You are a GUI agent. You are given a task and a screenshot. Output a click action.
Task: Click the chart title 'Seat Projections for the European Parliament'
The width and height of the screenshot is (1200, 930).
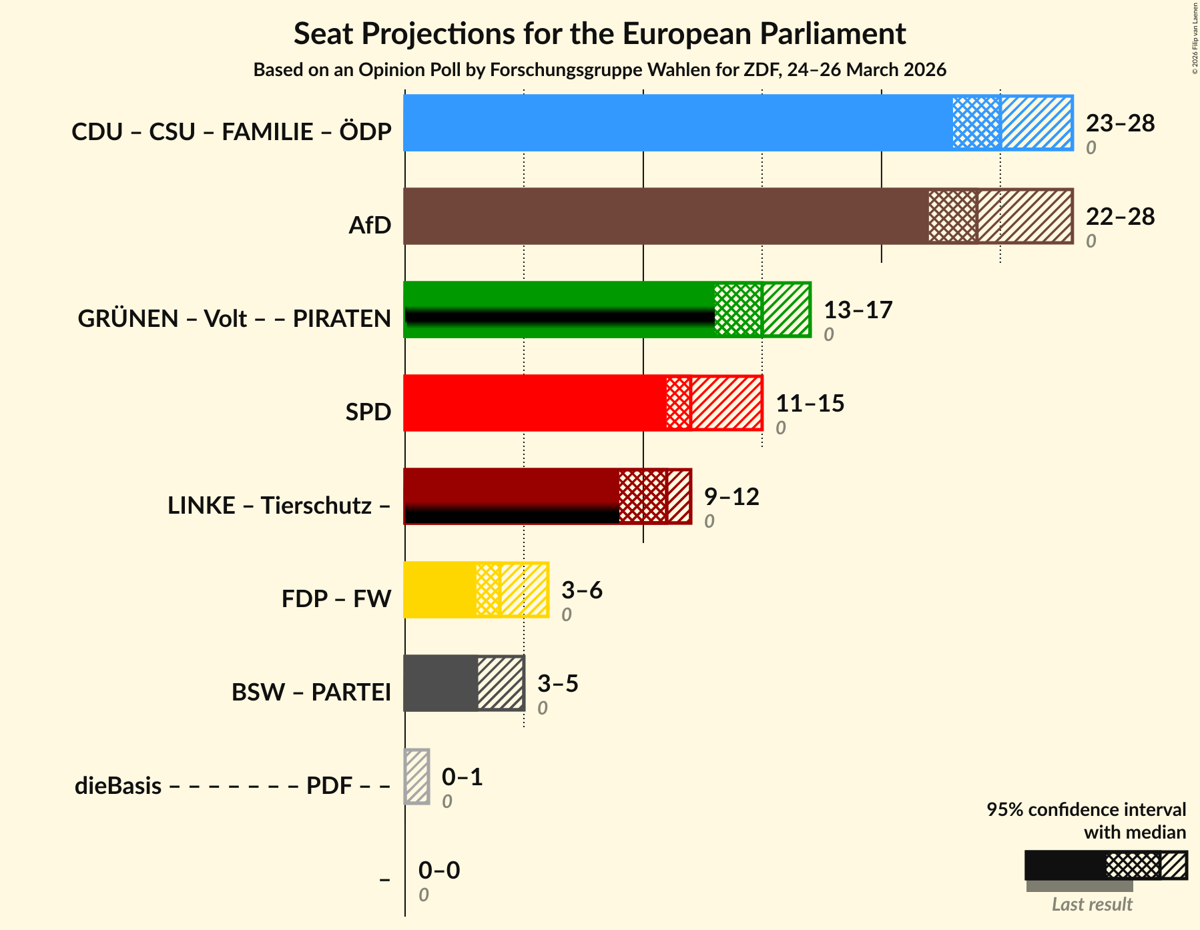599,33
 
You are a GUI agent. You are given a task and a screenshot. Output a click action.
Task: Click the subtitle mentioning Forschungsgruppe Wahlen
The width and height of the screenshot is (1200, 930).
599,70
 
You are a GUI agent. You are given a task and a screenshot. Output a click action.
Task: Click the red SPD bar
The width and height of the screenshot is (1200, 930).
535,403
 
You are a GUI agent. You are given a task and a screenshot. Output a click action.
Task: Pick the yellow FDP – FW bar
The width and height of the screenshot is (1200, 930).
440,590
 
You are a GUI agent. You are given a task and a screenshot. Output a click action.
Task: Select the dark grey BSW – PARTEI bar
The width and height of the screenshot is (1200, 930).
440,683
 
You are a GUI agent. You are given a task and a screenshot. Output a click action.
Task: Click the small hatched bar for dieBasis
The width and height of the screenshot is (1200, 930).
417,777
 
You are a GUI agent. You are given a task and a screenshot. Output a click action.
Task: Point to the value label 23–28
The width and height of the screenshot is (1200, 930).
1120,123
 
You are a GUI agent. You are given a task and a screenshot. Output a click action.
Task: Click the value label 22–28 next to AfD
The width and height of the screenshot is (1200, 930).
1120,217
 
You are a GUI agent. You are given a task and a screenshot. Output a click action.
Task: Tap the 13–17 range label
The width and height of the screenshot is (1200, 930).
858,310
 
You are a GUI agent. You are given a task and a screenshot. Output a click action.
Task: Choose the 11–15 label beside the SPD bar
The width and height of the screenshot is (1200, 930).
810,404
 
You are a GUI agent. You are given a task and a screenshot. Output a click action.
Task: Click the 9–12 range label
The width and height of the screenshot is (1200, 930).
731,497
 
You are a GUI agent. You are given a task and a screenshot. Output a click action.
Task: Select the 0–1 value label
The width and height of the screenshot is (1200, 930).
462,777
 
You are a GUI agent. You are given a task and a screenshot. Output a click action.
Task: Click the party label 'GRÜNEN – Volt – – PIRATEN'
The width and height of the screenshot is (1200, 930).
234,319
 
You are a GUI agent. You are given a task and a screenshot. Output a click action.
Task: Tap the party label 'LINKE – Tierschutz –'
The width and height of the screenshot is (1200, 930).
279,506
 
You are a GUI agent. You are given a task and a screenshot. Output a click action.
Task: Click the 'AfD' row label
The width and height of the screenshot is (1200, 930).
370,225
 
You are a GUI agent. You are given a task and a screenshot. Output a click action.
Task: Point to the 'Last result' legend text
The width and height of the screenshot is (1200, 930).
1092,905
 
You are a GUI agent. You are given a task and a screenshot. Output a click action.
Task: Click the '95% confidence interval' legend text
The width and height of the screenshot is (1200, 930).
1086,810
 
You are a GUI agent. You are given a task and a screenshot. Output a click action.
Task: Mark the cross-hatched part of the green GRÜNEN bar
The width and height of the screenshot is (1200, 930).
737,310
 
